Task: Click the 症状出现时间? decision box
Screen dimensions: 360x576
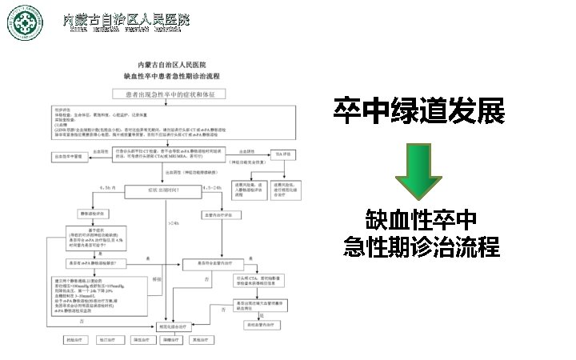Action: click(163, 190)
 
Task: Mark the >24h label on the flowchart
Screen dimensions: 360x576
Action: click(174, 222)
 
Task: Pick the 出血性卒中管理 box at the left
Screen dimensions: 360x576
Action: click(69, 158)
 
